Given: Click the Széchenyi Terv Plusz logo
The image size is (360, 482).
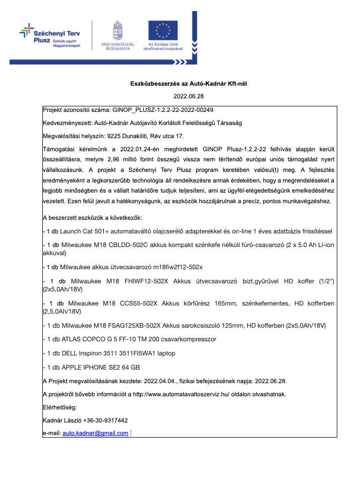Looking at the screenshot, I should pos(49,36).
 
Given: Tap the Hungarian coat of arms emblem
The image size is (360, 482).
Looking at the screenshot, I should pos(117,31).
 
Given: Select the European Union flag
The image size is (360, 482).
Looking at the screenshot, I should pos(163,31).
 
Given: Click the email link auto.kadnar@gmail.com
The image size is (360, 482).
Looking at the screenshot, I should pos(95,433).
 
